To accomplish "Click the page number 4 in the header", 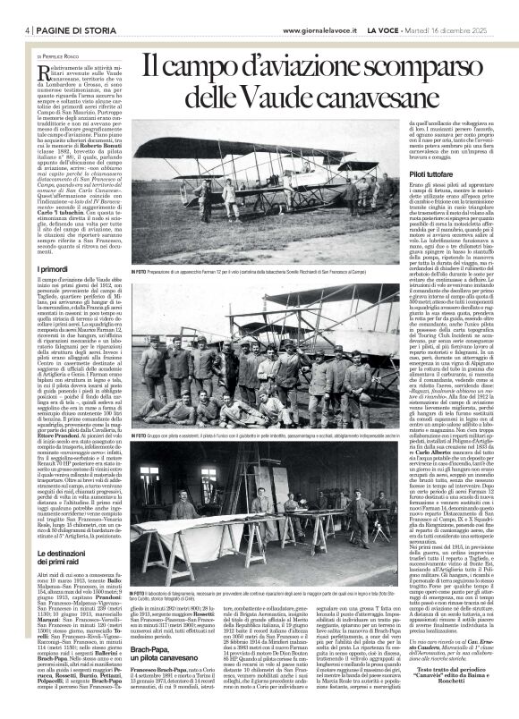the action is (17, 30).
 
